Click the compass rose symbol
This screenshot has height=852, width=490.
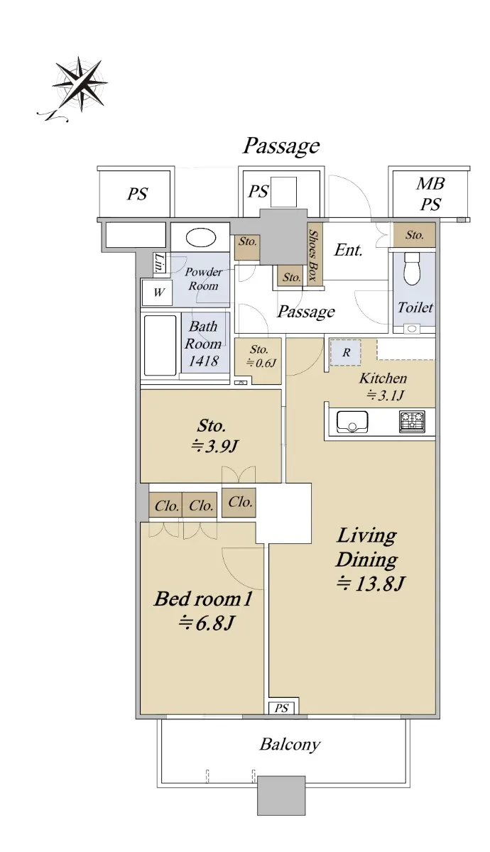pos(80,84)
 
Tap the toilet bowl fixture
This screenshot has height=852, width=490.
pos(412,268)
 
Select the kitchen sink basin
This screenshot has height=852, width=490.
pos(352,422)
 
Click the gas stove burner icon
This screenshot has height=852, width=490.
pos(412,422)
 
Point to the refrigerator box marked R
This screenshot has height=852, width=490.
pos(345,352)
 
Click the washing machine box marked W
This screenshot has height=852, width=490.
pos(158,293)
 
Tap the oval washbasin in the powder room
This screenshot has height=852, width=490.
pos(201,238)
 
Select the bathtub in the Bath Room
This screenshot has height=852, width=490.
pos(160,345)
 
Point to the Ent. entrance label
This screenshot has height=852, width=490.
pos(348,250)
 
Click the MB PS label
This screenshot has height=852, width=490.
pos(430,194)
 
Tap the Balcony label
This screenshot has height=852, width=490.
pos(290,744)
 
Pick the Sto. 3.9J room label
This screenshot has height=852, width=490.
pos(213,436)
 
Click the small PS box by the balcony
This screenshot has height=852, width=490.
pos(281,709)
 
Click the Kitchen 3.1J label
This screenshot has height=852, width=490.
pos(383,387)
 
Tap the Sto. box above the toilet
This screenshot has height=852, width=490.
pos(414,235)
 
